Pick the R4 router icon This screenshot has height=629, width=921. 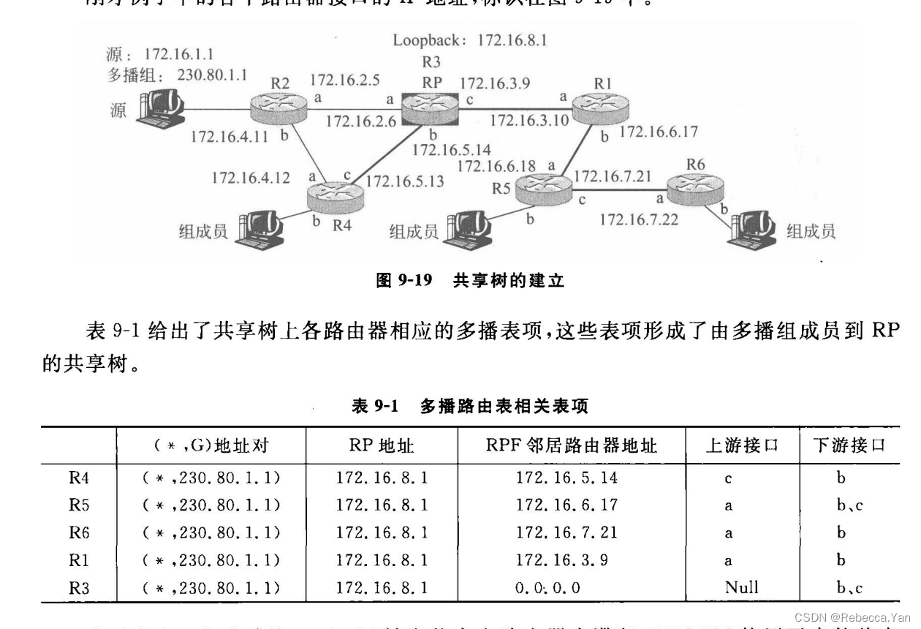[336, 193]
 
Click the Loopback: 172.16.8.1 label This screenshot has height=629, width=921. [469, 39]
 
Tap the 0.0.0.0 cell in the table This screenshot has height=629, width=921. [556, 587]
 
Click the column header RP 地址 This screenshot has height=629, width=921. [381, 445]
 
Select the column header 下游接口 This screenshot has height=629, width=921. [852, 445]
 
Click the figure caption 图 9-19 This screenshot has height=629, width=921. [403, 281]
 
